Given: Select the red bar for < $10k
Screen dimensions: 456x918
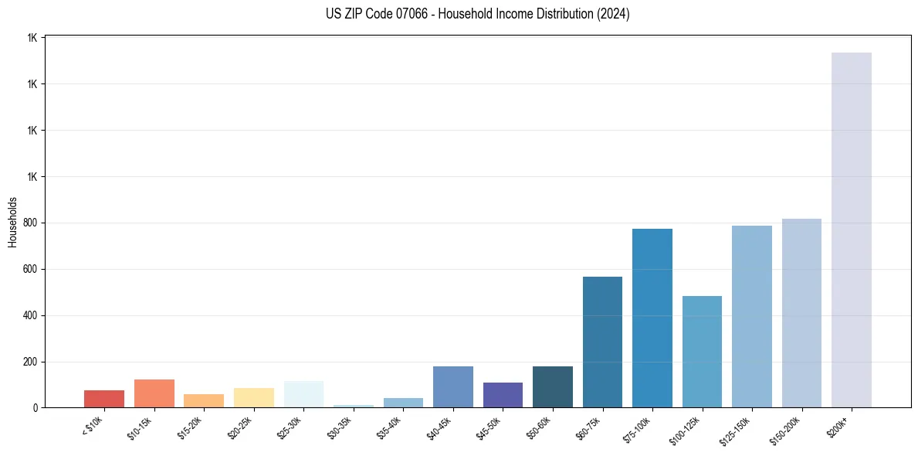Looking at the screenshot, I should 104,399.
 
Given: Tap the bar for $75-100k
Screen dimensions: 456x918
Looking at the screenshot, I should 652,318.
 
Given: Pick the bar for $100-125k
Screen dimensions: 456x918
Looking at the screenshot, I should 702,352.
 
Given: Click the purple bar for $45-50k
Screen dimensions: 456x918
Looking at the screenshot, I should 503,395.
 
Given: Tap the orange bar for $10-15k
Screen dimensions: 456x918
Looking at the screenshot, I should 154,393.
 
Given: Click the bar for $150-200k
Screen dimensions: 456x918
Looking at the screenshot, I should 801,313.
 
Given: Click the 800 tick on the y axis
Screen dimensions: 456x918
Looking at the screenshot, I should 29,223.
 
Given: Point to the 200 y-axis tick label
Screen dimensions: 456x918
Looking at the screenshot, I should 29,362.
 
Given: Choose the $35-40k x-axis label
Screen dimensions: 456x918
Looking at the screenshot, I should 388,427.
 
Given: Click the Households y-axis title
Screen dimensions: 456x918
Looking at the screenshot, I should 12,222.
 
